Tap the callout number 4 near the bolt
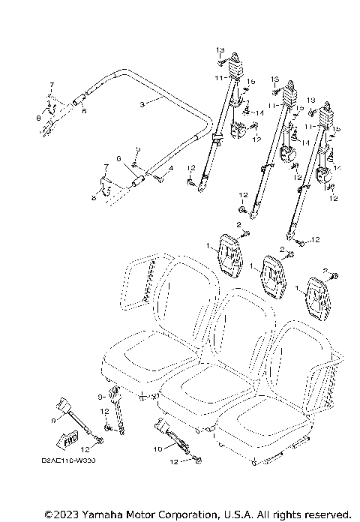tap(170, 169)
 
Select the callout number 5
tap(136, 151)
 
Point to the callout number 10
tap(158, 448)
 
